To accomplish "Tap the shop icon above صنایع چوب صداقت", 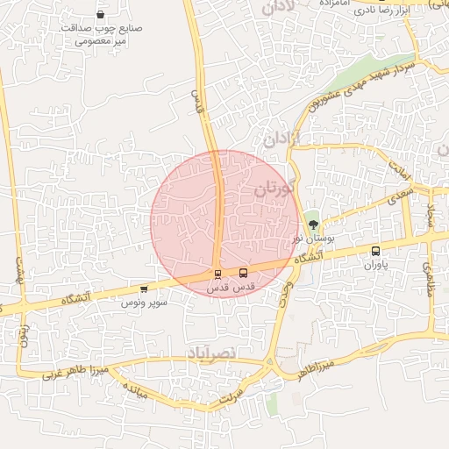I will pyautogui.click(x=101, y=14).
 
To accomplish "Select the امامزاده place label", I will pyautogui.click(x=336, y=4).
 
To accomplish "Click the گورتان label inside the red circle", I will pyautogui.click(x=278, y=188).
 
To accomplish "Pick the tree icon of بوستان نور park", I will pyautogui.click(x=314, y=224).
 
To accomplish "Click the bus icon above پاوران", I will pyautogui.click(x=375, y=251).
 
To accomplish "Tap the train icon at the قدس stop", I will pyautogui.click(x=217, y=274).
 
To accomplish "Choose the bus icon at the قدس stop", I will pyautogui.click(x=244, y=273).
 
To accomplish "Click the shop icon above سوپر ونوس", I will pyautogui.click(x=144, y=289).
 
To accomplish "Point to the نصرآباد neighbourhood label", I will pyautogui.click(x=212, y=352).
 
